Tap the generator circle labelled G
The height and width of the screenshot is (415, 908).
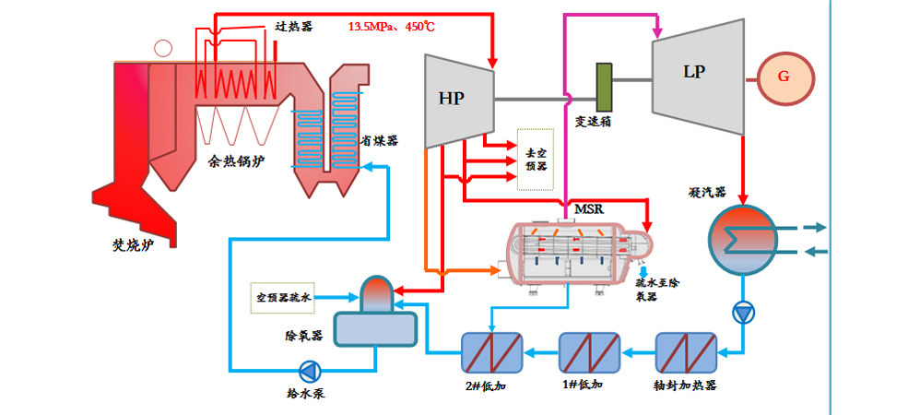coord(784,77)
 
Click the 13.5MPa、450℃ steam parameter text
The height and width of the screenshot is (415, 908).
coord(391,27)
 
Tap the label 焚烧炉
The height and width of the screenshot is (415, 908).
coord(124,245)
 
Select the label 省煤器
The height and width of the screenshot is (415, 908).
coord(379,140)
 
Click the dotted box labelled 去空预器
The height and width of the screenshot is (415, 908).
coord(536,159)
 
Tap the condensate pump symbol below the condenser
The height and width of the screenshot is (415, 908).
coord(743,312)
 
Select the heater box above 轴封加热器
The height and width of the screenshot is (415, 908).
coord(686,355)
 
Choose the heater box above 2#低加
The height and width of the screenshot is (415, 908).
coord(491,355)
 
